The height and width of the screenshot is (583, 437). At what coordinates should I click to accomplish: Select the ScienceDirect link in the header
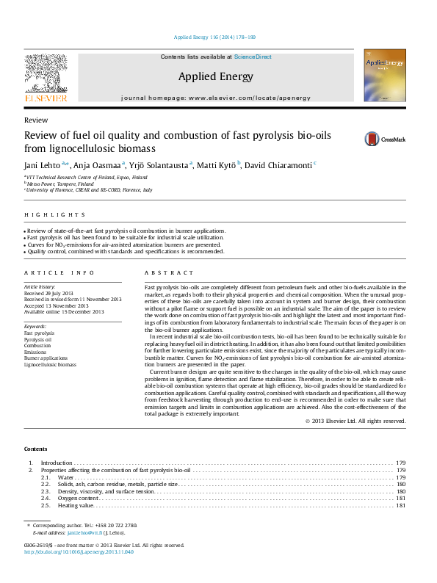coord(253,57)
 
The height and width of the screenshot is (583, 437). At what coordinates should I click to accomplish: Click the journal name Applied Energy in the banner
coord(215,76)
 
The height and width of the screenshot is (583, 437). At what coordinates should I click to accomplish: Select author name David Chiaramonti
coord(283,164)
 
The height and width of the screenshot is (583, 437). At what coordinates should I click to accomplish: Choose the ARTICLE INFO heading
coord(54,272)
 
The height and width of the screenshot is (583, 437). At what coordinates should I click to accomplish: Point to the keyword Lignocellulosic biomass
coord(50,364)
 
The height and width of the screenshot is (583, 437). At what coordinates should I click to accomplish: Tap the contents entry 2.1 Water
coord(67,477)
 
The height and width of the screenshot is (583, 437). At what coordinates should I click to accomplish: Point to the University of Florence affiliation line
coord(90,189)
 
